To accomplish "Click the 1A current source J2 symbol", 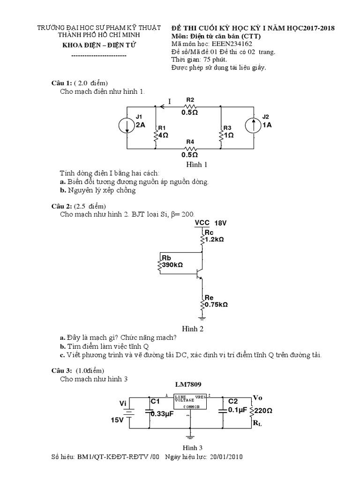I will click(x=253, y=125).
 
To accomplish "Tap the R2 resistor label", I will click(x=190, y=100).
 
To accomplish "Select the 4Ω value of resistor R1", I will click(x=163, y=135).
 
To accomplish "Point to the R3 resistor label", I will click(x=227, y=128).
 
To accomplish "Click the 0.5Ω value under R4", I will click(x=190, y=154).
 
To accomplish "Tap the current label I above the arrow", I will click(x=170, y=101).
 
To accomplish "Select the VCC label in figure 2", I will click(x=202, y=223).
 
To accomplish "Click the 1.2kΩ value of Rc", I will click(x=214, y=239).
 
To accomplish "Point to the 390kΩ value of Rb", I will click(x=172, y=265).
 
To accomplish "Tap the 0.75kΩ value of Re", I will click(x=216, y=304).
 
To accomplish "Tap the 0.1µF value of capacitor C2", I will click(x=237, y=410).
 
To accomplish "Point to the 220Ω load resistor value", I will click(x=263, y=410).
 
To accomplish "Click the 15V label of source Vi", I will click(x=118, y=420).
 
